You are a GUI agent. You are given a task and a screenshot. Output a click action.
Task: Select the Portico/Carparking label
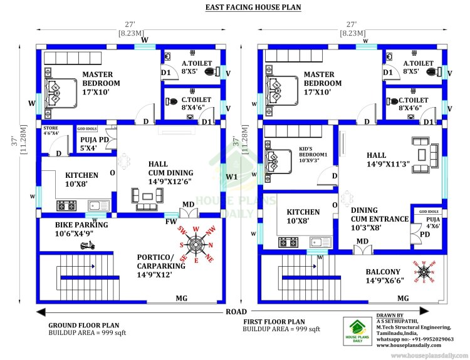point(162,261)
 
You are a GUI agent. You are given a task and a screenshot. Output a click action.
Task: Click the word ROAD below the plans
point(236,311)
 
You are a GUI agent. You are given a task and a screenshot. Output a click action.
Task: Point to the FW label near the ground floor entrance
point(171,220)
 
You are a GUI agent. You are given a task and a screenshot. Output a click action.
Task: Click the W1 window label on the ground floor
point(232,177)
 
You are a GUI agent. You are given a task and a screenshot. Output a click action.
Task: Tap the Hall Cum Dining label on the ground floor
point(170,173)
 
